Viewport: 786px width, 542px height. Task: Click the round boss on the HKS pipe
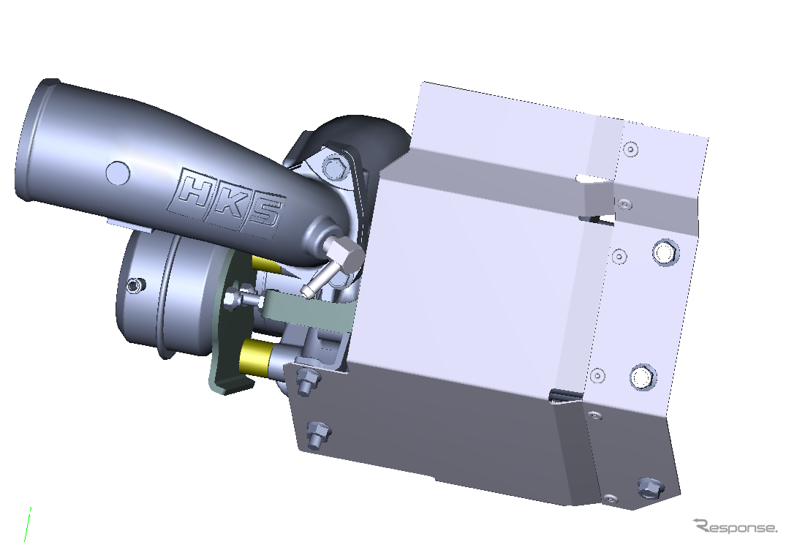pos(118,173)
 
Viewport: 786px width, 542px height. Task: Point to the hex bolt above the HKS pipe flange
pos(335,167)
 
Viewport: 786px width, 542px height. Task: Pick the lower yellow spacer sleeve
pos(257,357)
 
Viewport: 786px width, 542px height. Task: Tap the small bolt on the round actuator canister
pos(134,285)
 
